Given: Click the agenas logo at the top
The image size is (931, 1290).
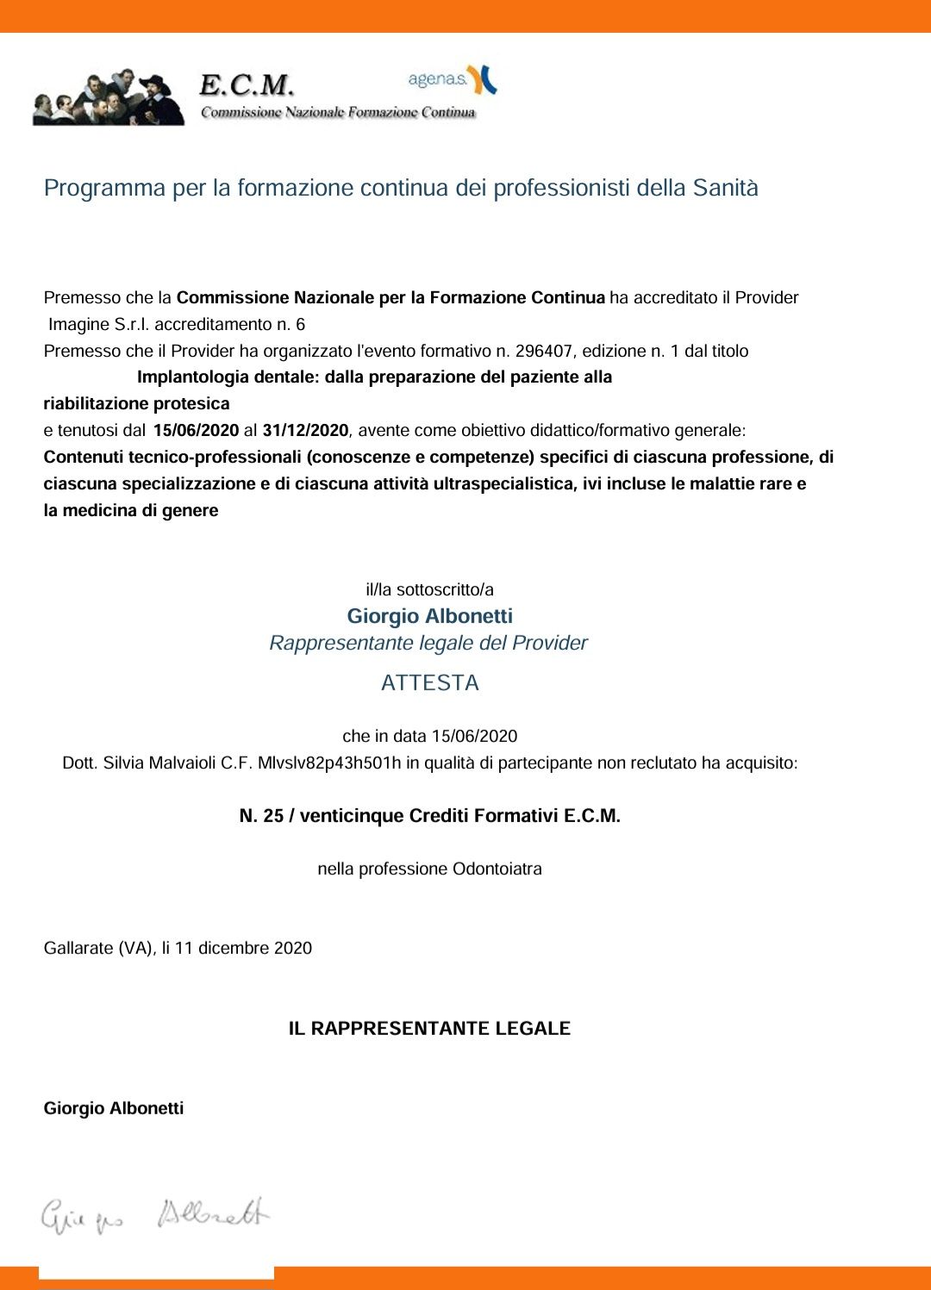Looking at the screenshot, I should [x=452, y=79].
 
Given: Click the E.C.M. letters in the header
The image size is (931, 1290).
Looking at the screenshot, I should [x=247, y=85].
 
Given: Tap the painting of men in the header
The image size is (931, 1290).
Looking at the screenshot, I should [x=108, y=97].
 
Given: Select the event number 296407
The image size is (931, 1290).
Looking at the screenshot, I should [x=544, y=351].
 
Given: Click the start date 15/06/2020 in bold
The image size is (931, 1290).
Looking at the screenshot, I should [x=196, y=430].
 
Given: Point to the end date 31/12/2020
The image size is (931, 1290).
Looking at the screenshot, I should [x=305, y=430].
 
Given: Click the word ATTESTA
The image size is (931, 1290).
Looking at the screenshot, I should [x=429, y=682].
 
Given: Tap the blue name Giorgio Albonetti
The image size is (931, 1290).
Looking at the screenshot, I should [x=429, y=616].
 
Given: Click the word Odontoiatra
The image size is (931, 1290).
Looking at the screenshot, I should [x=497, y=869].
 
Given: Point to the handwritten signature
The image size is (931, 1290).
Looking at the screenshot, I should [x=155, y=1216].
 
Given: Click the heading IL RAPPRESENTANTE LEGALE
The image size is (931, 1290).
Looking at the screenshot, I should [x=429, y=1028].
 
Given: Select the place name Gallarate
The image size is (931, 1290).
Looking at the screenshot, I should [x=78, y=948].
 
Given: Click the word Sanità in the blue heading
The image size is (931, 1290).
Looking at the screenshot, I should [x=725, y=188].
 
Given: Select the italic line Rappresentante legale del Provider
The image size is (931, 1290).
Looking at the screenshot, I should [x=428, y=643].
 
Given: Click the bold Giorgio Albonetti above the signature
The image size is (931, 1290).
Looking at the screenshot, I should [x=114, y=1108].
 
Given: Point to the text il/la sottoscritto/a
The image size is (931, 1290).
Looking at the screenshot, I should [x=429, y=589].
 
